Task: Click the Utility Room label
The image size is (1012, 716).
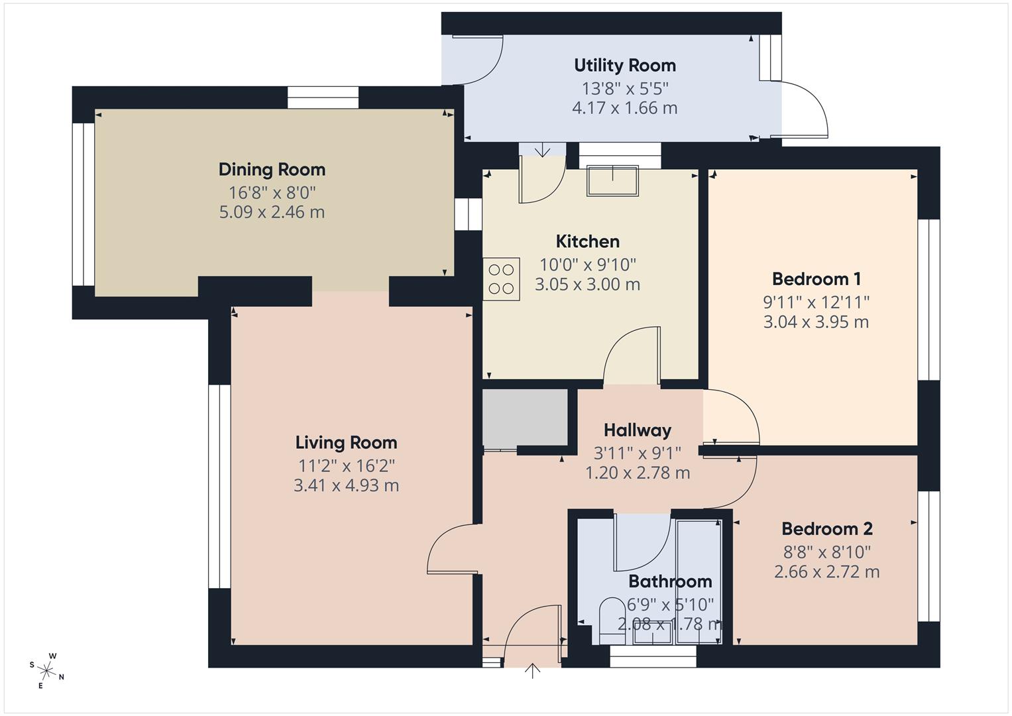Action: click(624, 66)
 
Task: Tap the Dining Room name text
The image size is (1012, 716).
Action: click(272, 170)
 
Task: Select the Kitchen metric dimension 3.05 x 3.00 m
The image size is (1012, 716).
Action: click(587, 284)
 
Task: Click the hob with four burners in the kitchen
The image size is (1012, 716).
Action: click(501, 279)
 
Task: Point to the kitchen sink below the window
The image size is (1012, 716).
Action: click(612, 180)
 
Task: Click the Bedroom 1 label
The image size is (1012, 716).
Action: click(816, 279)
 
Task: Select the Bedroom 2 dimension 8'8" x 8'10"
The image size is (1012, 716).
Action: click(826, 551)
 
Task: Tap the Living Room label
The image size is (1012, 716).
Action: click(346, 443)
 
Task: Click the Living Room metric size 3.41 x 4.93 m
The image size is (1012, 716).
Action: click(346, 485)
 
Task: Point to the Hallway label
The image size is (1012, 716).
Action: click(637, 431)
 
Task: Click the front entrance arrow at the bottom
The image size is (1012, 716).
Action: click(532, 671)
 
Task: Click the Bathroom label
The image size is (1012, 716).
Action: click(669, 581)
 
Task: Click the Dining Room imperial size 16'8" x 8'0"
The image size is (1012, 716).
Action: click(272, 193)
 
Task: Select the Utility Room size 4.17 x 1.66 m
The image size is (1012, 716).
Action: click(624, 108)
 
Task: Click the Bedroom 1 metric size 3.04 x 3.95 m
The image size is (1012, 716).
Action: click(816, 322)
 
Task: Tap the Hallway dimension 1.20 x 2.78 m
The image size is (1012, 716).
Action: click(637, 473)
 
